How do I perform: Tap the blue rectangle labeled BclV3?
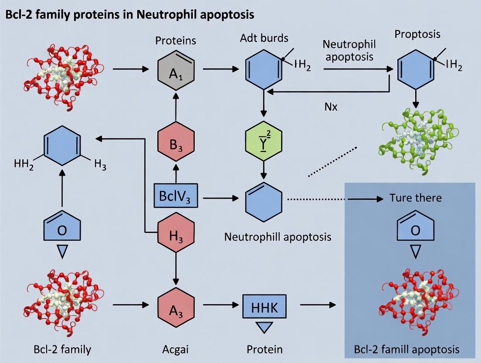176,196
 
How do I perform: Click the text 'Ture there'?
415,198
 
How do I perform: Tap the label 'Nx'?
331,106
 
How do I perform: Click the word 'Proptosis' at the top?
417,34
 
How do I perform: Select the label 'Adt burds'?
264,38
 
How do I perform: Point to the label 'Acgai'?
176,349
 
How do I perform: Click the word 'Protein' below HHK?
265,349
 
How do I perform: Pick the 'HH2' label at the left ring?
24,165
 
